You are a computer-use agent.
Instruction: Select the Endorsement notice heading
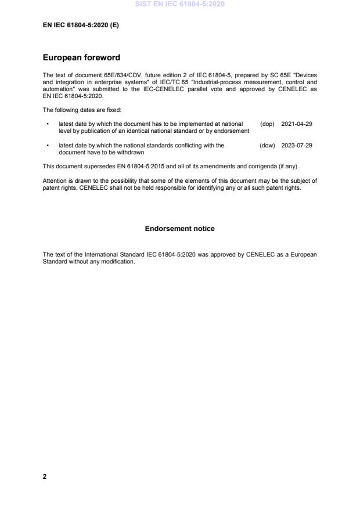pyautogui.click(x=179, y=229)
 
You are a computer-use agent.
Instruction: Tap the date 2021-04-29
pyautogui.click(x=296, y=124)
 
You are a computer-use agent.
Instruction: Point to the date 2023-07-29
pyautogui.click(x=296, y=145)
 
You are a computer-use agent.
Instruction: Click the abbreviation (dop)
pyautogui.click(x=267, y=124)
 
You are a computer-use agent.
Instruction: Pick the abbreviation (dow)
pyautogui.click(x=267, y=145)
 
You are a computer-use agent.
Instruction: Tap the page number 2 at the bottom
pyautogui.click(x=45, y=476)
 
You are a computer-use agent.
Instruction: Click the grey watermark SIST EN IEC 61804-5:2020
pyautogui.click(x=179, y=4)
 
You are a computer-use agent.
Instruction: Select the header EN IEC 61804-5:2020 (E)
pyautogui.click(x=81, y=25)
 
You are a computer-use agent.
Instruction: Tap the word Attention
pyautogui.click(x=55, y=181)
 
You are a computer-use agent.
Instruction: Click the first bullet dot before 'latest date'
pyautogui.click(x=47, y=124)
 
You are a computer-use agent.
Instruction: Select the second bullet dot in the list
pyautogui.click(x=47, y=145)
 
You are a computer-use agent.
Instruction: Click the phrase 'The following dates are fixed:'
pyautogui.click(x=82, y=110)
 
